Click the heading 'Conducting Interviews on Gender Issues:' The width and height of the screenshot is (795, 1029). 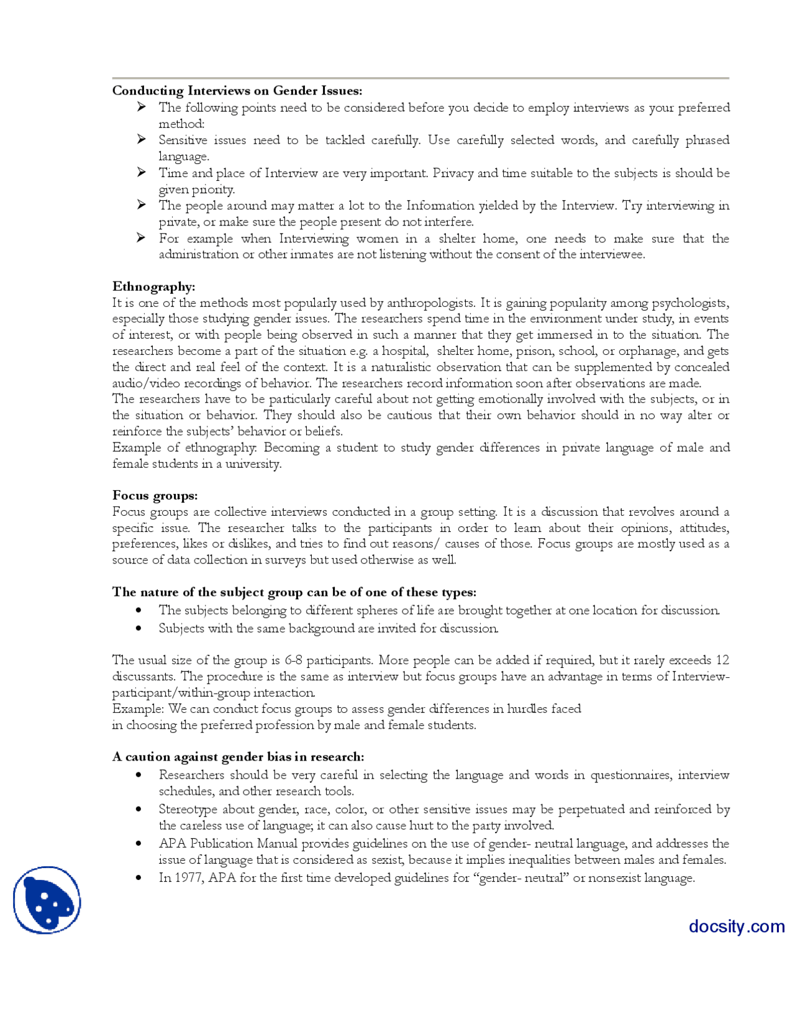coord(237,91)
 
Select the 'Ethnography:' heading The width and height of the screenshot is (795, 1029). coord(153,286)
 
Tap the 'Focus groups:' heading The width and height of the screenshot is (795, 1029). coord(155,495)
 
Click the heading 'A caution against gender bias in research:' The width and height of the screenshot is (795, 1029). coord(238,756)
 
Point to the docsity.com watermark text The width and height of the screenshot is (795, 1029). coord(736,926)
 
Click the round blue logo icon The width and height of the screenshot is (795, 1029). coord(47,900)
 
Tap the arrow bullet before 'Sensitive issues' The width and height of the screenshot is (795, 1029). coord(142,139)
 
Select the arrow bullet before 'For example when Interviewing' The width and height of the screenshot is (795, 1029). coord(142,237)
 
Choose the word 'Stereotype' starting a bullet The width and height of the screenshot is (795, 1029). coord(188,809)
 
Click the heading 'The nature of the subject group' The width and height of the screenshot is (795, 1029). coord(294,592)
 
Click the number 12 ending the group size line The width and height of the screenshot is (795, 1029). coord(722,660)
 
